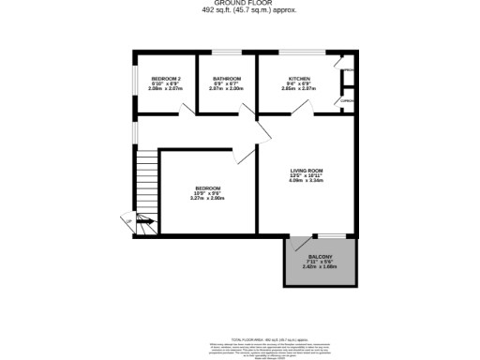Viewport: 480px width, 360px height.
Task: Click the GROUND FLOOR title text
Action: pos(240,4)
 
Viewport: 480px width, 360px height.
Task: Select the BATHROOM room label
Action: pos(227,79)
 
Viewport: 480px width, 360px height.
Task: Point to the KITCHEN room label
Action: pos(299,79)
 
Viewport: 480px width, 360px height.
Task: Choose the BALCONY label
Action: pos(318,257)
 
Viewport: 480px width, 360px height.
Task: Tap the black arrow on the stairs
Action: pos(140,221)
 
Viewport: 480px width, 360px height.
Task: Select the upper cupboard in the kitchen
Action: pos(348,71)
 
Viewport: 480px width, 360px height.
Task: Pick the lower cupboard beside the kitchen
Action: pos(348,100)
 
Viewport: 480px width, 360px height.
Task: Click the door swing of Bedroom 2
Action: pos(188,109)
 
